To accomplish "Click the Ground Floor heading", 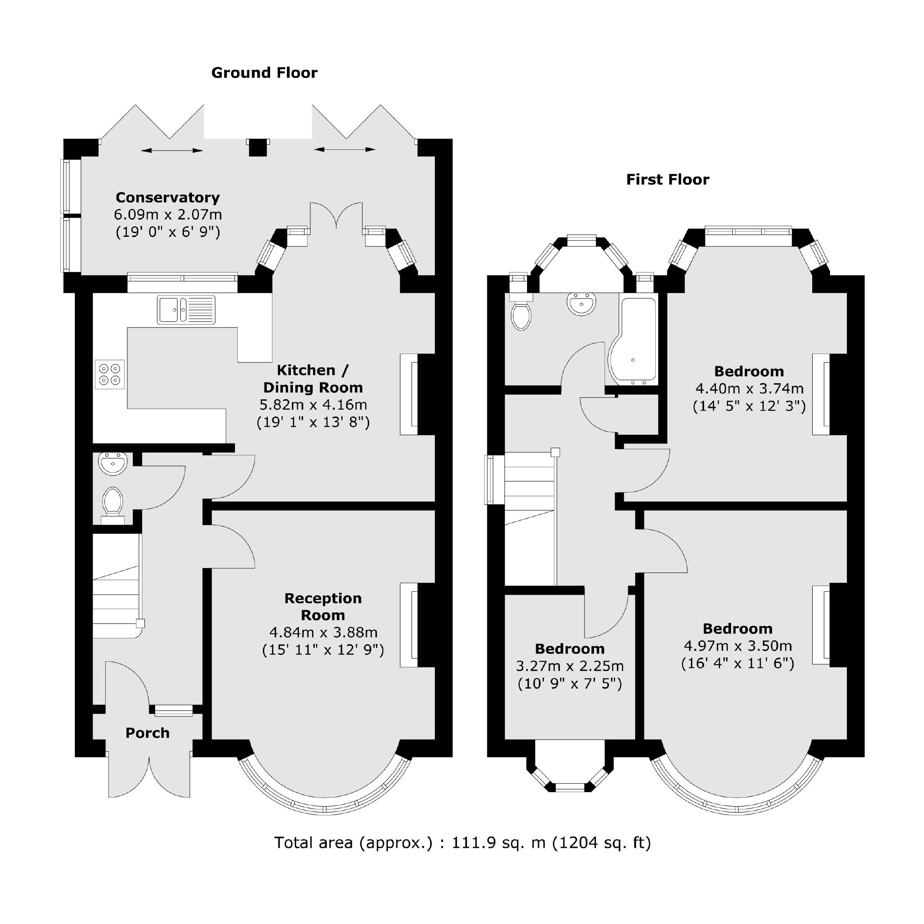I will tap(264, 73).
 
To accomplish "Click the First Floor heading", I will tap(667, 180).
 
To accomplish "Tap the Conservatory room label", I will tap(167, 198).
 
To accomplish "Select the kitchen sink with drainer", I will tap(186, 310).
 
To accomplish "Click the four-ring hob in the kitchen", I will tap(110, 375).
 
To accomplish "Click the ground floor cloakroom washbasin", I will tap(113, 464).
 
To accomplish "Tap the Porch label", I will tap(147, 733).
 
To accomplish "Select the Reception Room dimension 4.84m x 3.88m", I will tap(324, 633).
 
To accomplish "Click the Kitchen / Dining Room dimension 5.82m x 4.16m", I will tap(313, 405).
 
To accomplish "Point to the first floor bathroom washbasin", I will tap(582, 304).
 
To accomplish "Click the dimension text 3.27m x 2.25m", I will tap(569, 666).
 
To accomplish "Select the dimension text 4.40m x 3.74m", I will tap(749, 389).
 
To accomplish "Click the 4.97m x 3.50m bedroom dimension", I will tap(737, 646).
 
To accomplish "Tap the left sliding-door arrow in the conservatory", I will tap(172, 151).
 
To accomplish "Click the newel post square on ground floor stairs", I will tap(140, 624).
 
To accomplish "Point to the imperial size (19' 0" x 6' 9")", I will tap(167, 232).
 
